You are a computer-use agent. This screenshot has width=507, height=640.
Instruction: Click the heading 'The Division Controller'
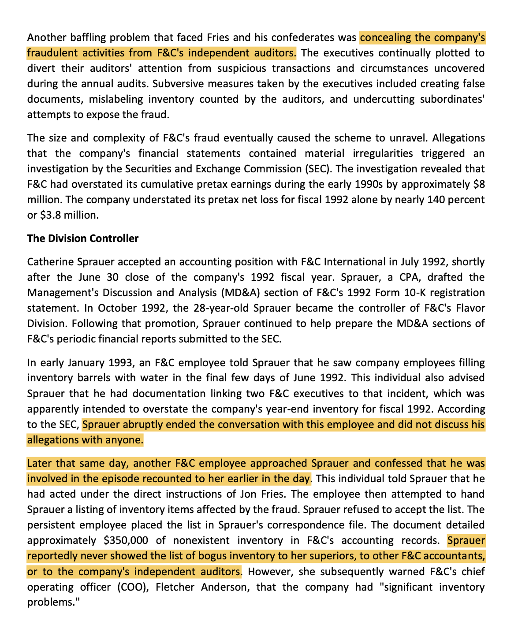(x=83, y=238)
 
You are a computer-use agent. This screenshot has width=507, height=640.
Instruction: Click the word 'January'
(x=84, y=363)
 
